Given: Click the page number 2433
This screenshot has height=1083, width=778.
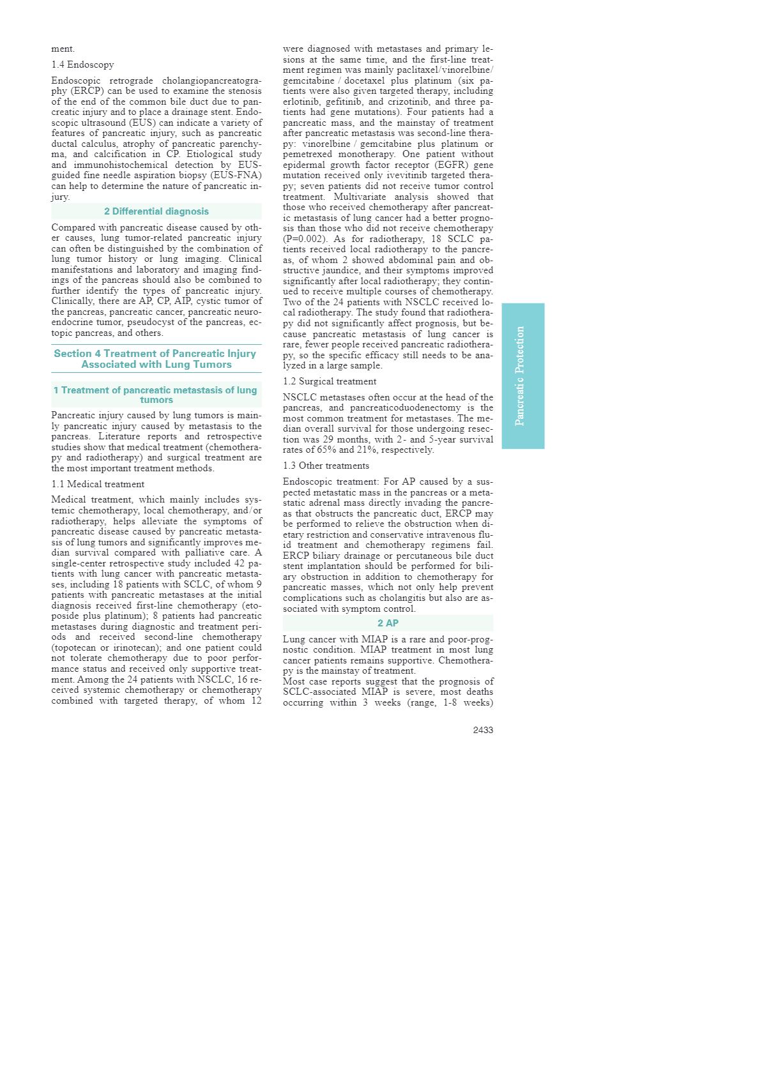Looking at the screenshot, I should click(483, 730).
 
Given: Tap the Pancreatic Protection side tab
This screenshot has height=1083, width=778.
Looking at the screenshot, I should click(522, 376).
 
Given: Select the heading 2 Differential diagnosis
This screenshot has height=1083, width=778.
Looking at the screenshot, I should click(156, 211).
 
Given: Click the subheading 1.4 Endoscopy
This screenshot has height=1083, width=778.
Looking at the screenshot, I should click(82, 64).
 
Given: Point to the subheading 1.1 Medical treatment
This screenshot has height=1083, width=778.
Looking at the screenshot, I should click(98, 484).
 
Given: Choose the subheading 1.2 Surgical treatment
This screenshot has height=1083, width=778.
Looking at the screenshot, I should click(330, 381).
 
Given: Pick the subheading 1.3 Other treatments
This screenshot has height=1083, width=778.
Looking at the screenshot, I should click(326, 466).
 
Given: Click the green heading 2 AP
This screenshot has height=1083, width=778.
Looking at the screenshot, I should click(388, 623).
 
